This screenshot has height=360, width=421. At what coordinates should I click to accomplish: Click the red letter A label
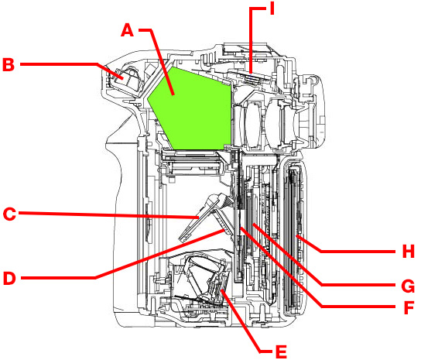pyautogui.click(x=127, y=30)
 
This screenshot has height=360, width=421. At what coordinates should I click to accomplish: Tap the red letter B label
pyautogui.click(x=9, y=65)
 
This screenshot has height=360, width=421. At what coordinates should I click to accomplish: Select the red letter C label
pyautogui.click(x=9, y=214)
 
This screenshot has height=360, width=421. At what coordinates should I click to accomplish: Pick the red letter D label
pyautogui.click(x=9, y=278)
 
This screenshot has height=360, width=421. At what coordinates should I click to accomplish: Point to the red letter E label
pyautogui.click(x=282, y=351)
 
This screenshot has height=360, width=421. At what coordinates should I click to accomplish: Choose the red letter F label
pyautogui.click(x=409, y=307)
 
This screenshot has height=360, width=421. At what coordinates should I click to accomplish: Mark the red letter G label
pyautogui.click(x=408, y=286)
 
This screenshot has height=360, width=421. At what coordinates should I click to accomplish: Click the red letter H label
pyautogui.click(x=409, y=252)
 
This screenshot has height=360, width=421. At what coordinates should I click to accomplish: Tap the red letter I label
pyautogui.click(x=272, y=8)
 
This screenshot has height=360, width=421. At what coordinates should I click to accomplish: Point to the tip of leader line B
pyautogui.click(x=123, y=78)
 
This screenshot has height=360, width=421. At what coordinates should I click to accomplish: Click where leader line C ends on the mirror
pyautogui.click(x=199, y=217)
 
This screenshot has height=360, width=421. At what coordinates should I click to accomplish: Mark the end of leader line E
pyautogui.click(x=221, y=290)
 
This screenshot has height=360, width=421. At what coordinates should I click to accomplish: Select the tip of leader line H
pyautogui.click(x=296, y=235)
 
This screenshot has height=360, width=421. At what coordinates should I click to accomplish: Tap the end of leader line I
pyautogui.click(x=251, y=73)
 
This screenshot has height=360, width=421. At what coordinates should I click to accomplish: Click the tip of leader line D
pyautogui.click(x=224, y=230)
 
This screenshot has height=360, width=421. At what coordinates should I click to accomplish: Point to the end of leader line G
pyautogui.click(x=253, y=224)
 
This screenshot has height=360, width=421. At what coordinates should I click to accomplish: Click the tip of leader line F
pyautogui.click(x=241, y=228)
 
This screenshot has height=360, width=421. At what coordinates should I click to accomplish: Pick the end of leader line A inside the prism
pyautogui.click(x=173, y=94)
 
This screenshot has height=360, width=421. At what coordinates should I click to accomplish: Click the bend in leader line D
pyautogui.click(x=96, y=278)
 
